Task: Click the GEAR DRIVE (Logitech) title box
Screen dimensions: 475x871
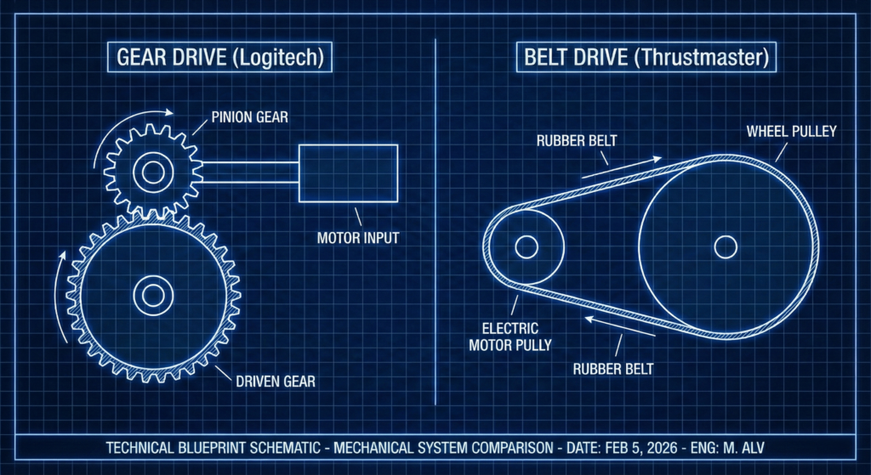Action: coord(219,59)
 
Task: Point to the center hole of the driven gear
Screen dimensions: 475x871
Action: coord(154,296)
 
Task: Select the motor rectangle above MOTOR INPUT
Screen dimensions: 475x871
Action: coord(348,173)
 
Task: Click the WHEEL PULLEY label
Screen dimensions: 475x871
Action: coord(792,131)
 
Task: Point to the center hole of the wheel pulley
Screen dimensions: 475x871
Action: coord(726,247)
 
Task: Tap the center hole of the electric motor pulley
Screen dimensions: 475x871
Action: coord(527,247)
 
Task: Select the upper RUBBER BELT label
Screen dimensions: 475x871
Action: coord(577,139)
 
